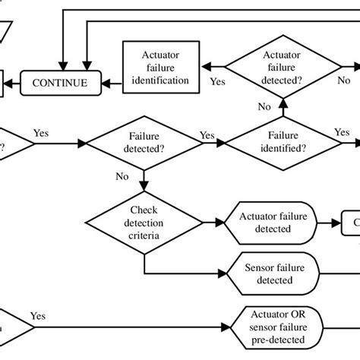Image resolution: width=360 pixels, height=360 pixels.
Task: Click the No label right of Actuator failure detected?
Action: (x=343, y=80)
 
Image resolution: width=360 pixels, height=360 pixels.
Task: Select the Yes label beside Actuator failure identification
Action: (x=217, y=80)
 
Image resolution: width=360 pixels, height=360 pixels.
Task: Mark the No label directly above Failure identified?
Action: (x=263, y=108)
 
